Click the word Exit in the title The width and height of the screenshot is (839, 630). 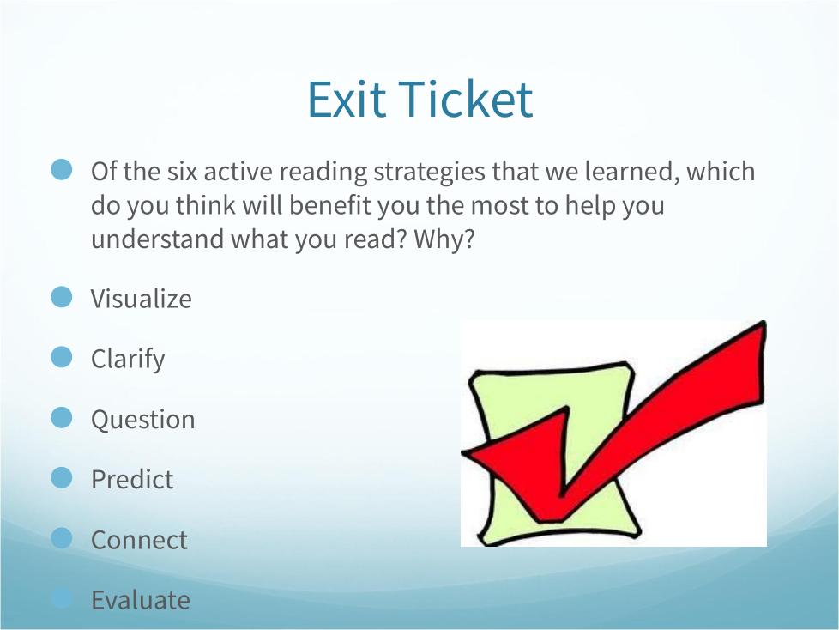pos(347,99)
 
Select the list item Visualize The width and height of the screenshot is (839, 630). pos(142,299)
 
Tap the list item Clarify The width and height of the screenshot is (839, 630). pos(128,360)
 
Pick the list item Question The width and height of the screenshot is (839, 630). pos(143,420)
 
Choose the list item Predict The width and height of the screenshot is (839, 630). pos(132,480)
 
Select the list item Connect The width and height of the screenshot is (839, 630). pos(139,540)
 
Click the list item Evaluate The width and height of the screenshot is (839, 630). pos(141,600)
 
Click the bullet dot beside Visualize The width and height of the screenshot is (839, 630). pos(62,297)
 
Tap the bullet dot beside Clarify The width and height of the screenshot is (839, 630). pos(62,357)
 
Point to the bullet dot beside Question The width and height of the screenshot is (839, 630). pos(62,417)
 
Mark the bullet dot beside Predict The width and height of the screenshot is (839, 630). pos(62,477)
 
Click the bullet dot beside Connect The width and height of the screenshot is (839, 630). pos(62,538)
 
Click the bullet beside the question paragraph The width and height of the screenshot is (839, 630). pos(62,169)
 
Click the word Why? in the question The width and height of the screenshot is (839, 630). pos(444,239)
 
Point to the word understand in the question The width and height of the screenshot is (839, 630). pos(157,239)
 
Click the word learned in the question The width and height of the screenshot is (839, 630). pos(632,172)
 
